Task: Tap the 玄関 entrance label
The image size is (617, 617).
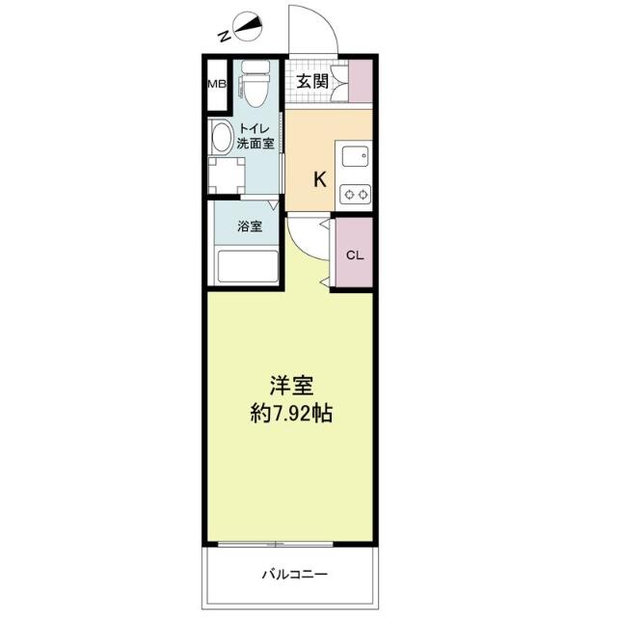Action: pos(312,81)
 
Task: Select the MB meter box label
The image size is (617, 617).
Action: pos(217,84)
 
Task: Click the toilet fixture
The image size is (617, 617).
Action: pos(255,84)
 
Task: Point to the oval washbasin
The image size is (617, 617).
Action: pos(221,137)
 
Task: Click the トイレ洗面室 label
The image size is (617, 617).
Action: pos(255,136)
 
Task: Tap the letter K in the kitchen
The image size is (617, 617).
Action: pos(319,180)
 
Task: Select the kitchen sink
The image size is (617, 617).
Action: pos(356,156)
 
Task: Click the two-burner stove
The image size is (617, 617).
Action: pos(355,194)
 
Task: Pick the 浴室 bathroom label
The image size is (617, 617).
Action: pos(250,227)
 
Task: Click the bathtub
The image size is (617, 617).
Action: pos(249,267)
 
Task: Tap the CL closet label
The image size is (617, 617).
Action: pos(355,255)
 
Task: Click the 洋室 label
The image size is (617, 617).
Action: pos(291,386)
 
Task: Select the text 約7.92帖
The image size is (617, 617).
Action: pos(291,414)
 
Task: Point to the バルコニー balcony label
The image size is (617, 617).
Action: pos(295,575)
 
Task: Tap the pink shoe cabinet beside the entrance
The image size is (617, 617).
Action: pos(361,81)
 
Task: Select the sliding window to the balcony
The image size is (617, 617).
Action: pos(276,544)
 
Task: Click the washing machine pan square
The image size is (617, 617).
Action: pos(227,175)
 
